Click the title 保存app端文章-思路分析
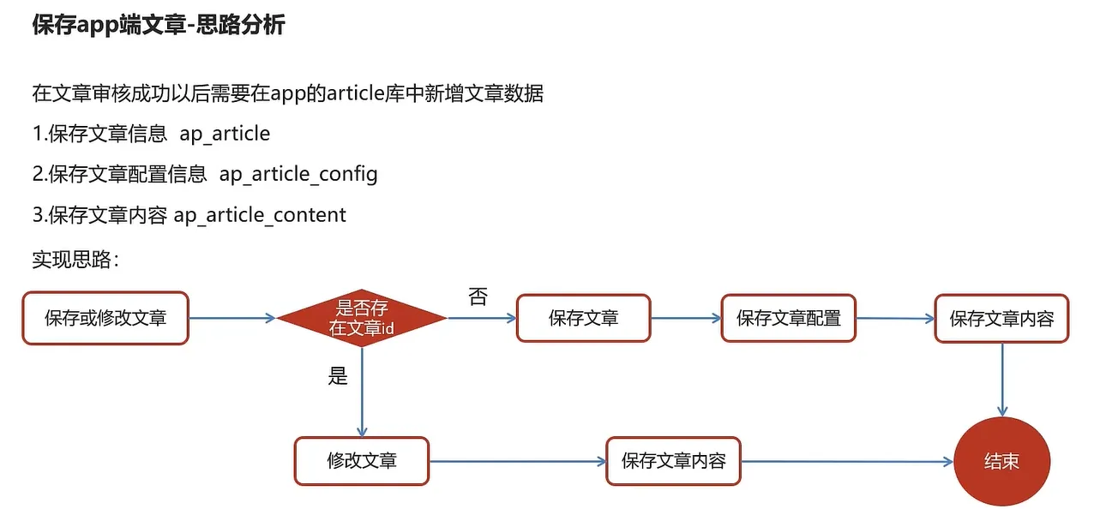click(158, 26)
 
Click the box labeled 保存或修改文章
click(105, 319)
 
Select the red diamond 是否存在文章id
click(362, 319)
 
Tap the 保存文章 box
click(583, 319)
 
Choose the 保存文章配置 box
click(788, 319)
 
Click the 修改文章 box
click(361, 461)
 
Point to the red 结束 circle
click(1001, 461)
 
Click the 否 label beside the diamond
click(478, 297)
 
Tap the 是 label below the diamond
click(338, 375)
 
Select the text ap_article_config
click(298, 174)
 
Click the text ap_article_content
click(260, 214)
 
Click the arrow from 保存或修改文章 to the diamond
click(231, 318)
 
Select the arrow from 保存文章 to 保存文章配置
click(686, 318)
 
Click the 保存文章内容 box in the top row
click(1001, 319)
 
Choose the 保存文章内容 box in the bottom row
click(673, 461)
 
